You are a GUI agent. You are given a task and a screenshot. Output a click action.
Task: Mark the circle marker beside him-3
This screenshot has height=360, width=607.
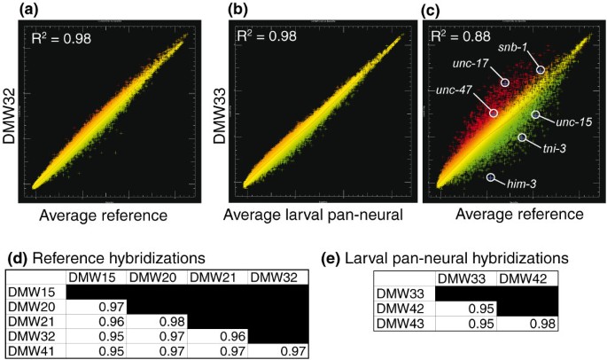[x=491, y=178]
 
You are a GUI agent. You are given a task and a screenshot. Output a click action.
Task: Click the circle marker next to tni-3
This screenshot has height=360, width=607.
[x=523, y=137]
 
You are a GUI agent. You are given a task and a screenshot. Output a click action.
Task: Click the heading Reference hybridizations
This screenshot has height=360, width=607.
[x=123, y=257]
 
